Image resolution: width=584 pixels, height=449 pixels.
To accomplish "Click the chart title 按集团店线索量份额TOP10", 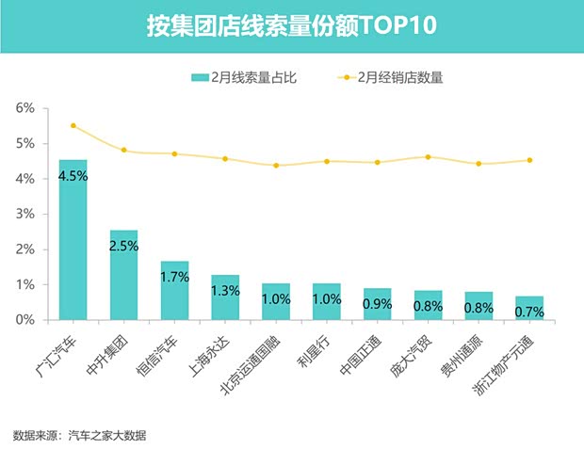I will [x=292, y=24].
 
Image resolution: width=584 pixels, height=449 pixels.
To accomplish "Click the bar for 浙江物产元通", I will [x=529, y=308].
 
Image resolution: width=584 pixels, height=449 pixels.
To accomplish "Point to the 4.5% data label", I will [x=73, y=174].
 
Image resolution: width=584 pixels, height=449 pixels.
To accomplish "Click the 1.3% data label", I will [x=225, y=290].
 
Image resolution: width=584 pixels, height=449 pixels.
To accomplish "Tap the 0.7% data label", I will [x=529, y=311].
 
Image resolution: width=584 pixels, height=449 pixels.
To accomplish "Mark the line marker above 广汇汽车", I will [x=73, y=125].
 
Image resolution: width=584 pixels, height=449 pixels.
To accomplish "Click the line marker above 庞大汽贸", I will [x=428, y=157].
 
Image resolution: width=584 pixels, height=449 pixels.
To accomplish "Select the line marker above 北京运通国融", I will [x=276, y=166].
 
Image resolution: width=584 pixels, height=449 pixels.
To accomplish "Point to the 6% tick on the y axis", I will [x=26, y=108].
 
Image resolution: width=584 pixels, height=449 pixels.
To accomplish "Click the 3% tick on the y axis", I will [x=26, y=214].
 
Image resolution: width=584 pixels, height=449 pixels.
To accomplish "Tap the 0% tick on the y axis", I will [x=26, y=320].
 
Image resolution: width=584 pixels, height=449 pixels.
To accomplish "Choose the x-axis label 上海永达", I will [x=213, y=351].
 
